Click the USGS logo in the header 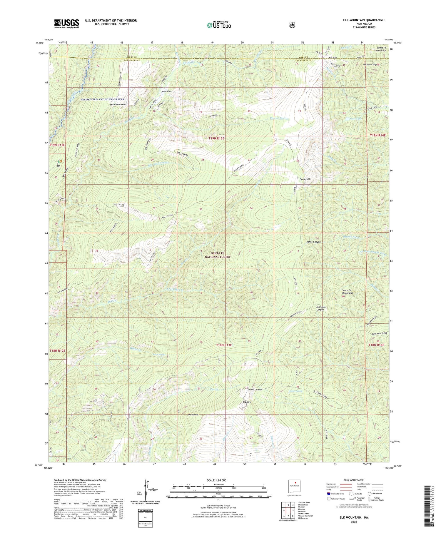click(66, 23)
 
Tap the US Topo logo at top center click(219, 25)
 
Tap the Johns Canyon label click(313, 242)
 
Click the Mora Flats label click(167, 91)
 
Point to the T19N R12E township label click(57, 145)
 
